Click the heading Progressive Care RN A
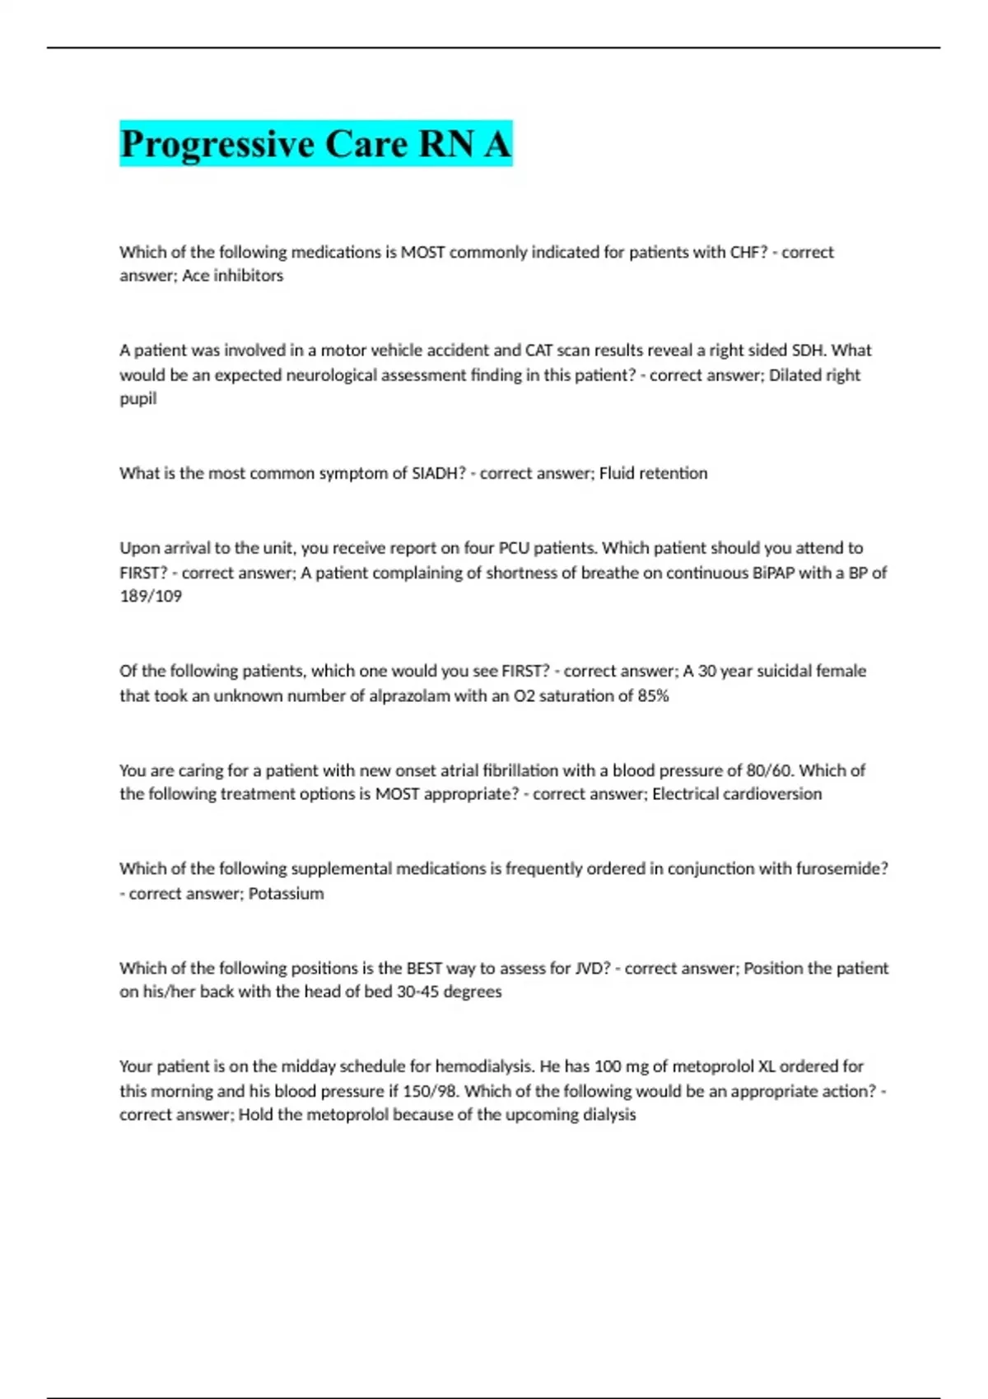point(315,144)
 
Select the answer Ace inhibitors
point(233,276)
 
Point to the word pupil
point(137,398)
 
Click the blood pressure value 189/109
point(151,596)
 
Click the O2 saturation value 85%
point(653,695)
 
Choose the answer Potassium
point(286,894)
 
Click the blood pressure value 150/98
point(430,1091)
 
